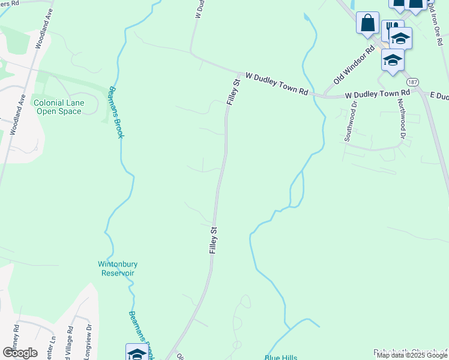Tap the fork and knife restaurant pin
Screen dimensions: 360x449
[391, 27]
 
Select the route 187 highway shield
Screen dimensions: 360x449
[412, 82]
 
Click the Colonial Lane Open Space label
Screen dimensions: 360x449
[59, 107]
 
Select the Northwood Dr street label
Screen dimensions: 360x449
[402, 118]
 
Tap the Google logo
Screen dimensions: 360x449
[20, 352]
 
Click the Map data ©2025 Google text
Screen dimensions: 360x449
[412, 355]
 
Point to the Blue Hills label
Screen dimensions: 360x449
[281, 358]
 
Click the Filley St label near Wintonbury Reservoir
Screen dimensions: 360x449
[213, 239]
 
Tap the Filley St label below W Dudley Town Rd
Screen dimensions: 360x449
[234, 91]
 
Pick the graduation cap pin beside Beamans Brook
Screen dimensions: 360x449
[136, 353]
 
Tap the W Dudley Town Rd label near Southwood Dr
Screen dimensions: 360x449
[377, 95]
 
